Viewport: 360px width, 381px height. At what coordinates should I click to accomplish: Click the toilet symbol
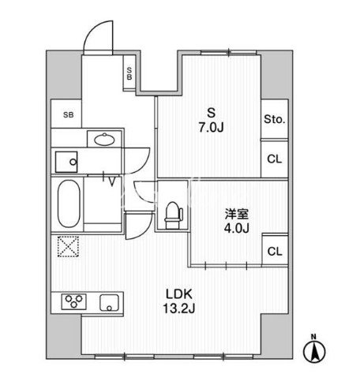[174, 215]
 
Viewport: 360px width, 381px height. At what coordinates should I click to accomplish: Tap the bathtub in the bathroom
[69, 204]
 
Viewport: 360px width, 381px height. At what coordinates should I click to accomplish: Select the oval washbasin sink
[104, 140]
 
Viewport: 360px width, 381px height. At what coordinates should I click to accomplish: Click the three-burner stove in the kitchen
[74, 301]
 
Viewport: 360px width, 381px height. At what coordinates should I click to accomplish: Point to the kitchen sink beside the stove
[109, 303]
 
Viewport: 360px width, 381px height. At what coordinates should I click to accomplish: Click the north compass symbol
[314, 349]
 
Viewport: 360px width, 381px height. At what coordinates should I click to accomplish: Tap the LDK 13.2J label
[179, 301]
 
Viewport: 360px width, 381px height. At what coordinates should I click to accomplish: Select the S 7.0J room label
[211, 121]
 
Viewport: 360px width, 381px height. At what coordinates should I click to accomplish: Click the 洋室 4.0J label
[236, 221]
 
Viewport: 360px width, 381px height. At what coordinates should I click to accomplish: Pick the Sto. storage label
[275, 120]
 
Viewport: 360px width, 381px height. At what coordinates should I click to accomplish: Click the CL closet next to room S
[275, 159]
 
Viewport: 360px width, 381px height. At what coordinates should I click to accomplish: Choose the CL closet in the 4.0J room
[275, 252]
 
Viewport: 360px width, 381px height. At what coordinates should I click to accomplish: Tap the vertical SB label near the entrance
[129, 73]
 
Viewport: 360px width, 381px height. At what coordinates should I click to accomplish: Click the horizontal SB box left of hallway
[68, 115]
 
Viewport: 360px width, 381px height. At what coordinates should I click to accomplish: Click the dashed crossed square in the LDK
[68, 246]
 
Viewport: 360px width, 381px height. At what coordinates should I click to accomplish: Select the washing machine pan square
[66, 162]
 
